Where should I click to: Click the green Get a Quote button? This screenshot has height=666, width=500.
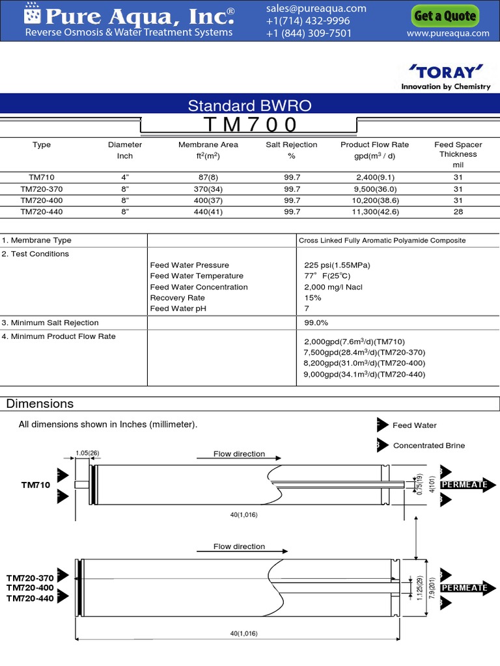[x=445, y=16]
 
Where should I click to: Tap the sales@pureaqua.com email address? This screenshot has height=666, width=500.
[x=316, y=8]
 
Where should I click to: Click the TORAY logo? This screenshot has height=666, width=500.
[x=446, y=71]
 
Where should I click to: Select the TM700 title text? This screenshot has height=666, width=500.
[x=250, y=124]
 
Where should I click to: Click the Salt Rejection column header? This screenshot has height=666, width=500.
[x=292, y=144]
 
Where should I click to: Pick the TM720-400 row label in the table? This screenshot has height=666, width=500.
[x=42, y=200]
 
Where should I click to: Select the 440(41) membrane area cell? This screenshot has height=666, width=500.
[x=208, y=211]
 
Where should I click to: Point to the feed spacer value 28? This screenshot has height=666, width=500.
[x=458, y=211]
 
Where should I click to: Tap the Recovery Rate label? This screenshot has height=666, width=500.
[x=178, y=298]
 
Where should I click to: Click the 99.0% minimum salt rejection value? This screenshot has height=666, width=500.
[x=316, y=323]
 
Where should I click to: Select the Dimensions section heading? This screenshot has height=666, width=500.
[x=40, y=404]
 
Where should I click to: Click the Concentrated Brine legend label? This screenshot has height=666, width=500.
[x=429, y=446]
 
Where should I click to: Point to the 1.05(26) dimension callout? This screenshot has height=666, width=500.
[x=87, y=453]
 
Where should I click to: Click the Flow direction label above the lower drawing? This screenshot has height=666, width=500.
[x=239, y=546]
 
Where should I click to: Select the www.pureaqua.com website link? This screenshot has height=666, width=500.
[x=447, y=33]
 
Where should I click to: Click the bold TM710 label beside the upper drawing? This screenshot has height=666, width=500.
[x=36, y=485]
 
